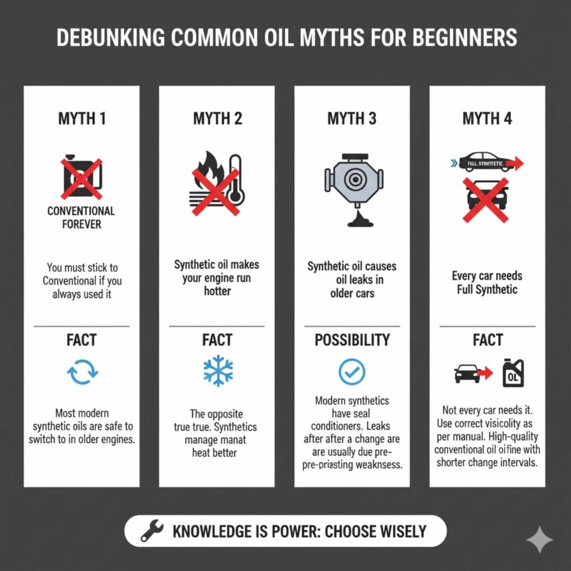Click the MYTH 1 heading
(81, 119)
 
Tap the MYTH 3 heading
(352, 119)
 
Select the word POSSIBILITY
(352, 340)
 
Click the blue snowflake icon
(217, 371)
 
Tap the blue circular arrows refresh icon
(82, 371)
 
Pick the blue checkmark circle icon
(352, 371)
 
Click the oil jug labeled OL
(513, 373)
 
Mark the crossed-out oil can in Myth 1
(81, 178)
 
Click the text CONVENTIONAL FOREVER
(81, 217)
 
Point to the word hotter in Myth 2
(217, 291)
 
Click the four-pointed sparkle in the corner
(539, 539)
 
